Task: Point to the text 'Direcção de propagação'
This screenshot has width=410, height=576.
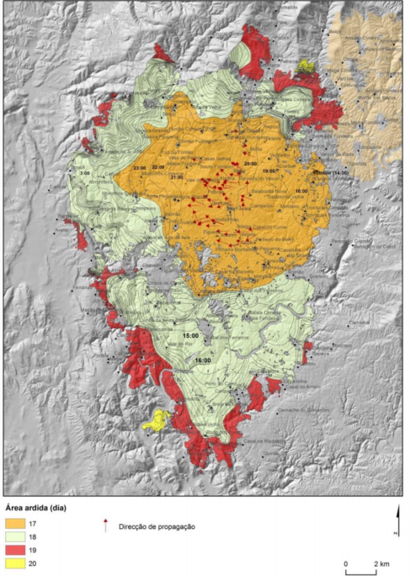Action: (x=159, y=526)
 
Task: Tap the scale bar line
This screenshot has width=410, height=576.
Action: (x=360, y=572)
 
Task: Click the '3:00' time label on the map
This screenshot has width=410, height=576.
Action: (x=84, y=173)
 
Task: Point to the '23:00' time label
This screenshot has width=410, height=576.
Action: (x=139, y=168)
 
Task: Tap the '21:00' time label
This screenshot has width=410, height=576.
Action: (x=176, y=178)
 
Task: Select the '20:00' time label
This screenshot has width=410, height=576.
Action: (x=250, y=163)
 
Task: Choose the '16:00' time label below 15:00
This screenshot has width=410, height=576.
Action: (x=202, y=360)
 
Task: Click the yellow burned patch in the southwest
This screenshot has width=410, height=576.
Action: (x=156, y=421)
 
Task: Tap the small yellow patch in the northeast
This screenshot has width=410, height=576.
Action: (x=306, y=65)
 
